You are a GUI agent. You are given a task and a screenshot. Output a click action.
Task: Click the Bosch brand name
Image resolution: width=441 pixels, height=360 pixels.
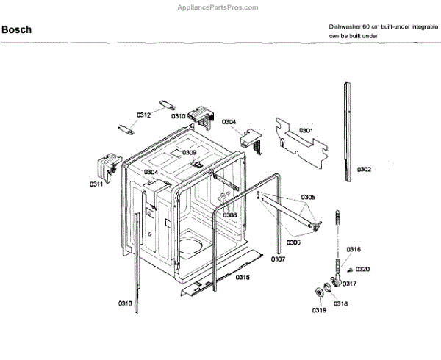(x=17, y=31)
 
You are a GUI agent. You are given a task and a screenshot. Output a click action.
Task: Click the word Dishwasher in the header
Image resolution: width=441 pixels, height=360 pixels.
(x=345, y=26)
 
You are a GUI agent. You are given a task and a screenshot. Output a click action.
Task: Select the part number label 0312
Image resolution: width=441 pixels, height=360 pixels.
(x=143, y=115)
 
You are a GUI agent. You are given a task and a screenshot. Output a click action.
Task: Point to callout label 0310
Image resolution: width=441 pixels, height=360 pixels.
(x=179, y=116)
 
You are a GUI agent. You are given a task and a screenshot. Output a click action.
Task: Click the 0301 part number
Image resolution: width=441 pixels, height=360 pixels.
(x=305, y=131)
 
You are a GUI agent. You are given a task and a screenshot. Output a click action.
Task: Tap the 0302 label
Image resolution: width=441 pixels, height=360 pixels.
(x=365, y=170)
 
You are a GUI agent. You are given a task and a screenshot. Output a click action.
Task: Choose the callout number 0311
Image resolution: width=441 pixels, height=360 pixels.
(x=97, y=184)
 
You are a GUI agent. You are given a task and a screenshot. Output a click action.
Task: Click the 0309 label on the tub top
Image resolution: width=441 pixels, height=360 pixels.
(x=190, y=153)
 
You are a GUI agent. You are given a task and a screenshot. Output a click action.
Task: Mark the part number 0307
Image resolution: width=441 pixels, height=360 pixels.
(x=279, y=259)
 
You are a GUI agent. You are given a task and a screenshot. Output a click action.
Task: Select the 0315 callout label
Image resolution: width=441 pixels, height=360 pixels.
(x=242, y=277)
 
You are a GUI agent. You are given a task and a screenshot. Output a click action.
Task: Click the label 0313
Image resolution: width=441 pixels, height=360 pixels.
(x=126, y=303)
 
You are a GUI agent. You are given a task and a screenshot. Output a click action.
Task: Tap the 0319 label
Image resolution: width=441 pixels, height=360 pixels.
(x=318, y=311)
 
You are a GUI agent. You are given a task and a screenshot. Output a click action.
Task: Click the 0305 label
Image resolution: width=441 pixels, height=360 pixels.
(x=308, y=197)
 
